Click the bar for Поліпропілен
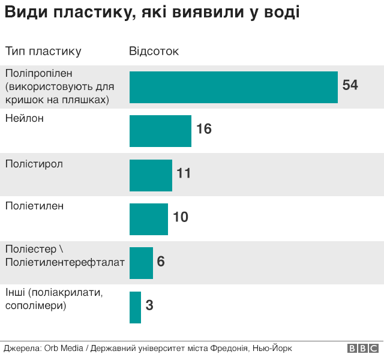point(233,87)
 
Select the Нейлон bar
point(160,131)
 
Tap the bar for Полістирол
point(151,175)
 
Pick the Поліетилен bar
point(149,219)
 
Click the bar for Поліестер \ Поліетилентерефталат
point(141,263)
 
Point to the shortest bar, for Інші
point(135,307)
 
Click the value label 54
point(350,85)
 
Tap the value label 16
point(204,129)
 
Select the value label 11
point(184,173)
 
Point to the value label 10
point(180,217)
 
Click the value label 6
point(161,262)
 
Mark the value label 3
point(149,305)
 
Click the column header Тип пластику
point(43,52)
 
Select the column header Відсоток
point(154,52)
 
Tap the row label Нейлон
point(25,119)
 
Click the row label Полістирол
point(34,163)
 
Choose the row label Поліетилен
point(34,206)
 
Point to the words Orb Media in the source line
point(63,349)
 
